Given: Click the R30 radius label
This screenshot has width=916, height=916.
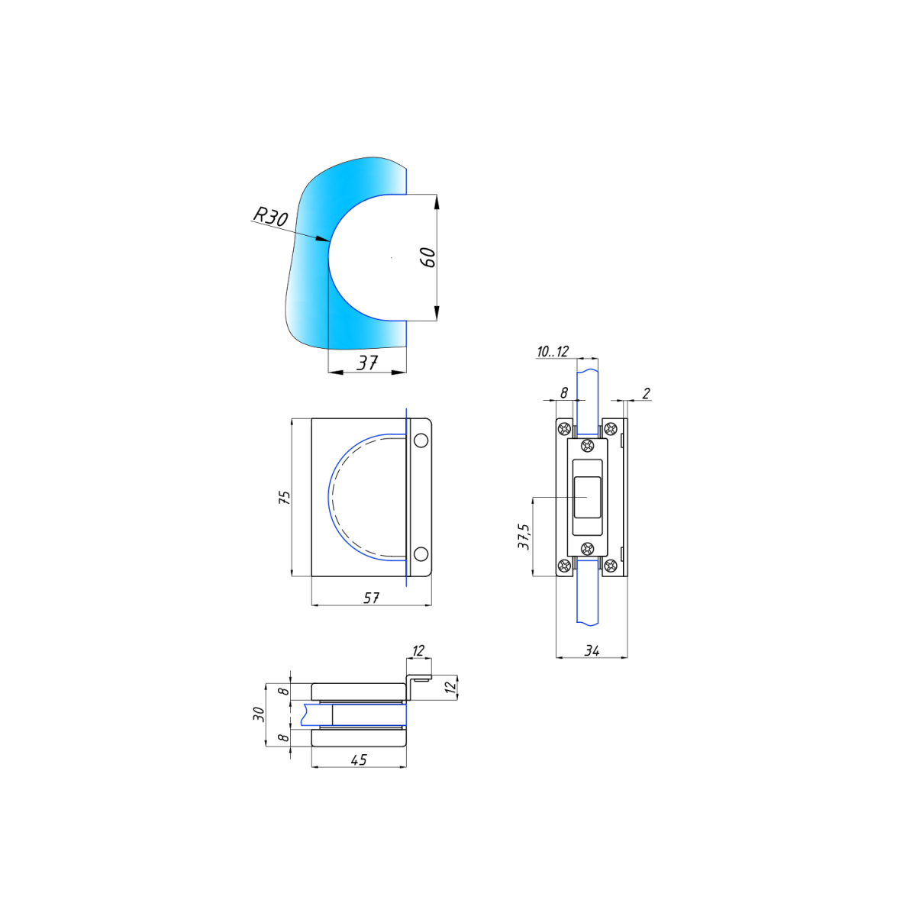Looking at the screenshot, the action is [x=270, y=216].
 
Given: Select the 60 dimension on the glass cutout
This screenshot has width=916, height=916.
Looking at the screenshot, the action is [x=428, y=257].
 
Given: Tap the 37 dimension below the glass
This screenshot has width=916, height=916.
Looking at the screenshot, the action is [x=367, y=363].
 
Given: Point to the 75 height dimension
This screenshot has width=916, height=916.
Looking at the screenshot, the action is [x=284, y=497].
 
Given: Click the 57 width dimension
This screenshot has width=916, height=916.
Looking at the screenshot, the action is [x=371, y=598].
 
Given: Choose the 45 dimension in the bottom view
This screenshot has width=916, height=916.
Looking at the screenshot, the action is [x=359, y=760].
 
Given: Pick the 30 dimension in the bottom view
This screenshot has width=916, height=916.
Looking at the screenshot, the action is [x=259, y=714].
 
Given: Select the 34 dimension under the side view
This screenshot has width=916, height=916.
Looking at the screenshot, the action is [x=592, y=650].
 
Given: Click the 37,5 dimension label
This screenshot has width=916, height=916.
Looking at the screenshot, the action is [x=524, y=537].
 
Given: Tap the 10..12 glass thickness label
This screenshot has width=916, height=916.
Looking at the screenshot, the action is [x=553, y=351].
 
